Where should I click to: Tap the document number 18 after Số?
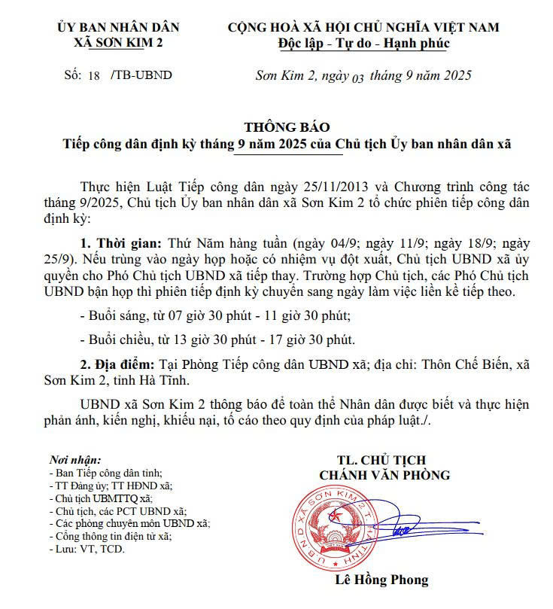click(x=94, y=75)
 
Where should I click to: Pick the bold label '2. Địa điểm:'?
click(x=120, y=363)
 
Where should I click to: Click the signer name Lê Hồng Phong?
click(x=381, y=580)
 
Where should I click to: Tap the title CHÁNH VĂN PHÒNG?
click(x=384, y=475)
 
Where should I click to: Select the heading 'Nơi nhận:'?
click(x=74, y=459)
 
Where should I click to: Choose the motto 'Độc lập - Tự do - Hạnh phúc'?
click(x=363, y=43)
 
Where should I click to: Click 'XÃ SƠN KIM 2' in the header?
click(x=118, y=43)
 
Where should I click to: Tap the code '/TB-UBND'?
click(x=141, y=75)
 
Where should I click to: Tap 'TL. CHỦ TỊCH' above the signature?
click(x=382, y=459)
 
